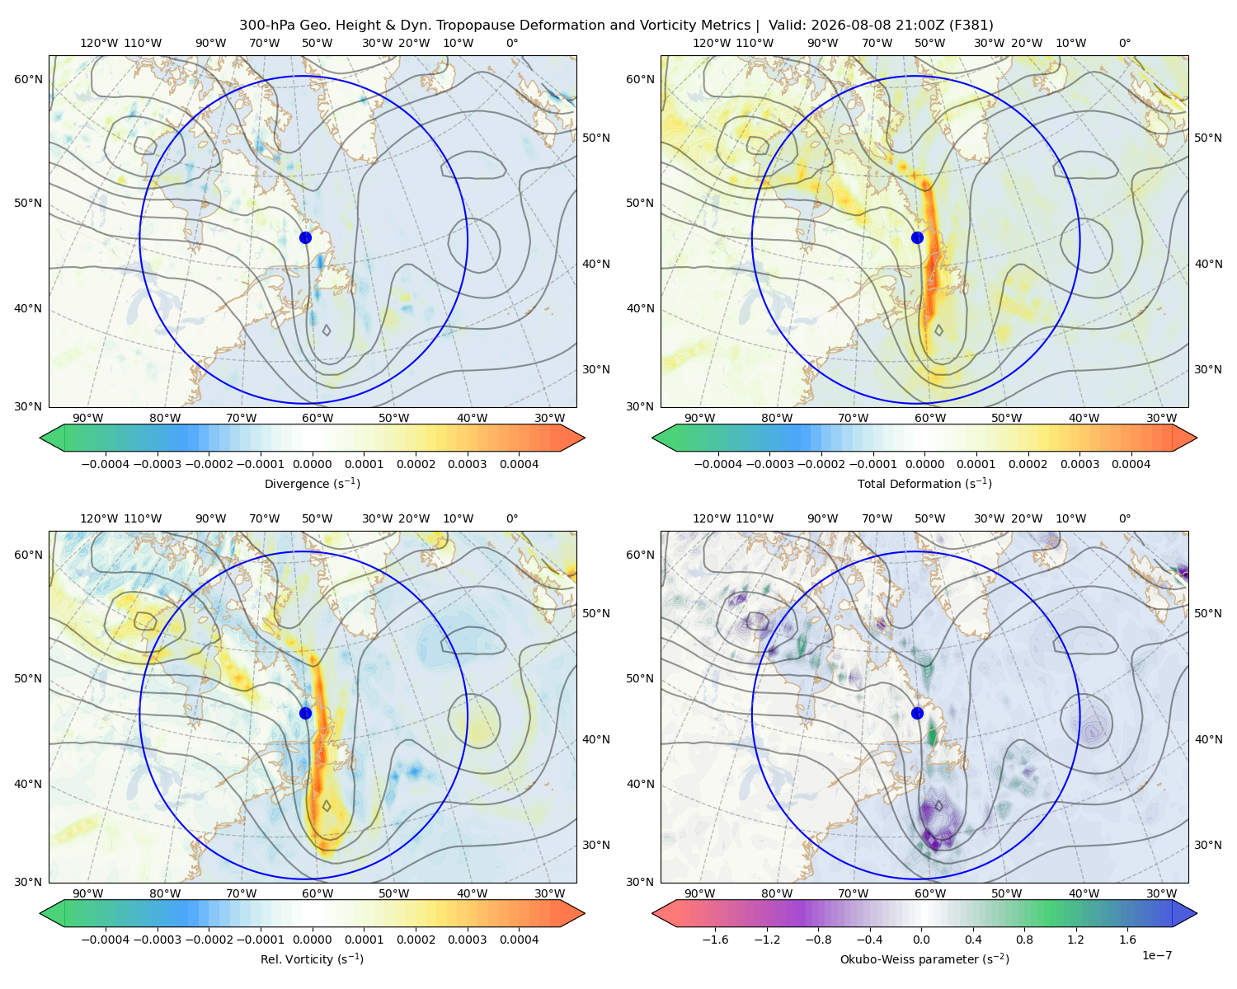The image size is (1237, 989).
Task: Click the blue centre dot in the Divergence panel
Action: [x=305, y=237]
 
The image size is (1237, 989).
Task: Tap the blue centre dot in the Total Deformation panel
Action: [x=917, y=237]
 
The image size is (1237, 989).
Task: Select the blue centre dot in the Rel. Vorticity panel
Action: [x=305, y=713]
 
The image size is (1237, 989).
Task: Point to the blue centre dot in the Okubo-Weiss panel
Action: [x=917, y=713]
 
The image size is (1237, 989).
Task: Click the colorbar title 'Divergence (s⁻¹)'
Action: [x=312, y=483]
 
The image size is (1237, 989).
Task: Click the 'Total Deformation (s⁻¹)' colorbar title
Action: [x=924, y=483]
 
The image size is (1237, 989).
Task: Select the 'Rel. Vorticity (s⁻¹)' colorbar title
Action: [x=312, y=959]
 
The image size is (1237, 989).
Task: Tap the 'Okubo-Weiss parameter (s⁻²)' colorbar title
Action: [x=924, y=959]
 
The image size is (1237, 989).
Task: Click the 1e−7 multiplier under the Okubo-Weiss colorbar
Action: [x=1156, y=955]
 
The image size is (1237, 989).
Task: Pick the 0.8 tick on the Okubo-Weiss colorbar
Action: [x=1024, y=939]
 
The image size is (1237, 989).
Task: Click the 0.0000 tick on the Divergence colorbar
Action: [x=312, y=464]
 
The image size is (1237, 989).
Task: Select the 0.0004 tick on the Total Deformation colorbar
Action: [x=1131, y=464]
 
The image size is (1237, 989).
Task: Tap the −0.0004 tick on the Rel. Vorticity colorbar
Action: [x=106, y=939]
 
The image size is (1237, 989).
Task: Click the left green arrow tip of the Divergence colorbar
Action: [x=40, y=438]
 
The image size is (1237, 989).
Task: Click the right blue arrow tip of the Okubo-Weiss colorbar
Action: [x=1197, y=913]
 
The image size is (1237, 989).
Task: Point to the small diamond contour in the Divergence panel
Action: [x=327, y=330]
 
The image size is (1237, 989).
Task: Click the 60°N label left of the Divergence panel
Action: [x=28, y=79]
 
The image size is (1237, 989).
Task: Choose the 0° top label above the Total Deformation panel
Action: [x=1124, y=43]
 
